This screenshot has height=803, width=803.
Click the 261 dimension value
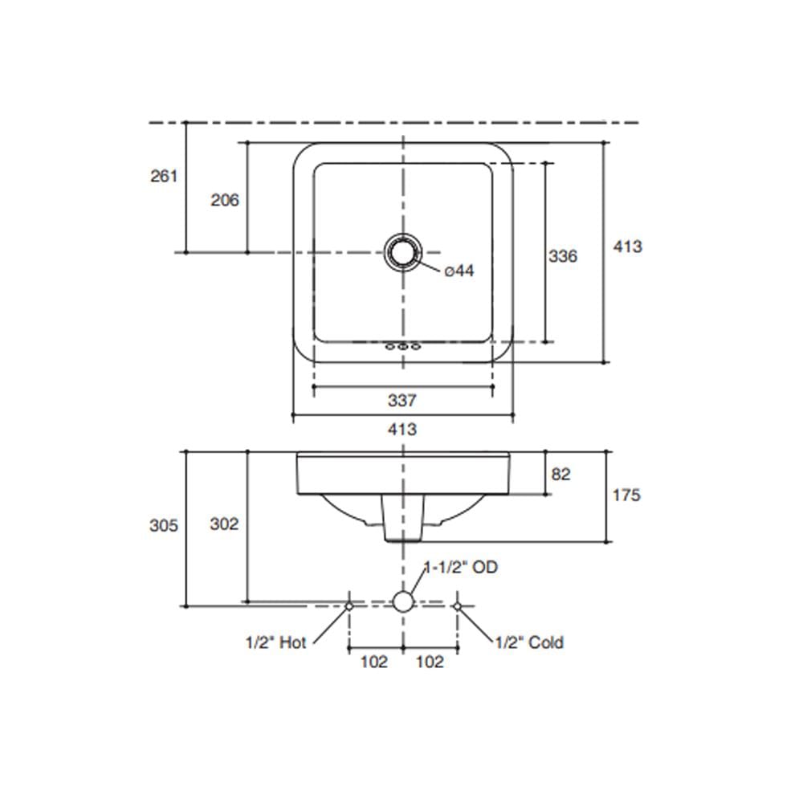tap(164, 176)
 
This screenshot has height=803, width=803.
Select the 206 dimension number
tap(225, 200)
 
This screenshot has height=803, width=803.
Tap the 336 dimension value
tap(563, 256)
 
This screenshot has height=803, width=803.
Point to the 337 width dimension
tap(402, 401)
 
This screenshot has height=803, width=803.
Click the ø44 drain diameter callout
tap(459, 271)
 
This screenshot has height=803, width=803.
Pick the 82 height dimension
tap(560, 475)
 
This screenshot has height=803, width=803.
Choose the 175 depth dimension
tap(626, 495)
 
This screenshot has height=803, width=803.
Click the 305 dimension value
tap(164, 525)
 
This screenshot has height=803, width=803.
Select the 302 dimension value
tap(224, 524)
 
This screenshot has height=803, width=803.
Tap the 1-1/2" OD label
tap(462, 567)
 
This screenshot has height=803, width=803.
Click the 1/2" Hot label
tap(276, 642)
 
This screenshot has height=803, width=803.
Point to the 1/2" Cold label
tap(529, 642)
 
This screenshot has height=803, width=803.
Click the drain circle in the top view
tap(404, 252)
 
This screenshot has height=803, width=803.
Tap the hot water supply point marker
tap(349, 606)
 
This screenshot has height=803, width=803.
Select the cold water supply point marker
tap(458, 606)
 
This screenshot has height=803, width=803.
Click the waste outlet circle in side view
tap(404, 601)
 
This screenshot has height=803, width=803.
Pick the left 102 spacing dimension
tap(374, 662)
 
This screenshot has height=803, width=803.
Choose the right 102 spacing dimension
tap(430, 662)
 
